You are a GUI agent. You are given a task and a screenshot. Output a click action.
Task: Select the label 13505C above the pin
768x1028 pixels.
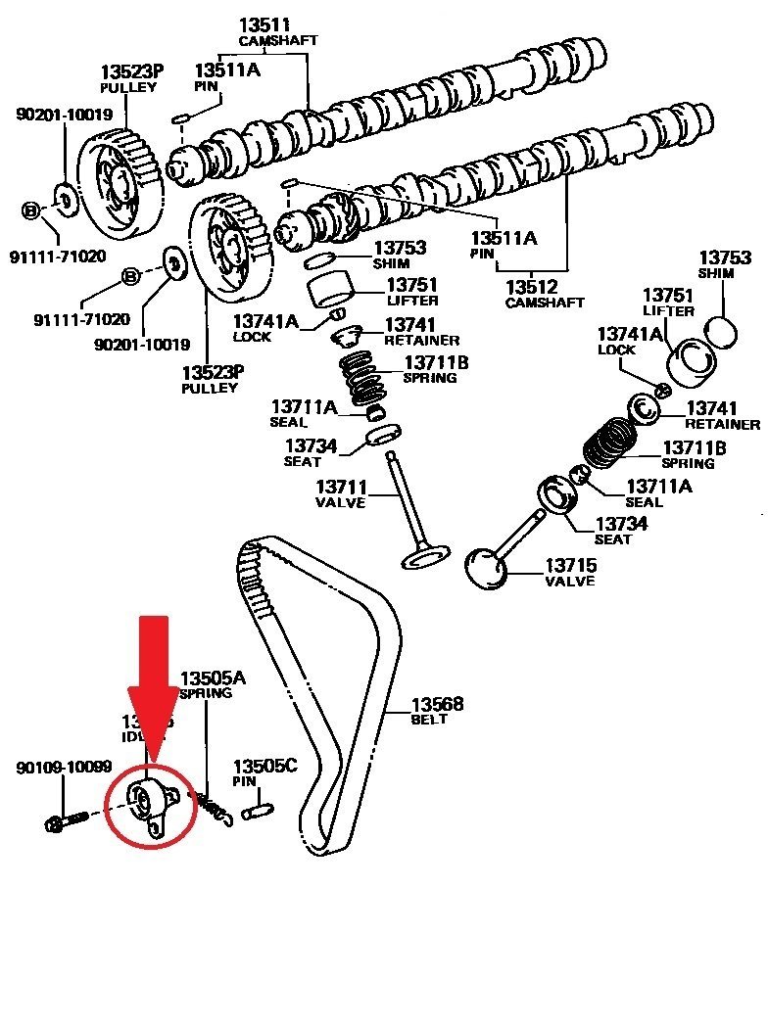point(264,767)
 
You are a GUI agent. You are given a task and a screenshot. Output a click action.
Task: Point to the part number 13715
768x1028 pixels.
point(570,565)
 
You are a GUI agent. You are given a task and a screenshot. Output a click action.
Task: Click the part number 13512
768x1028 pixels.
point(531,287)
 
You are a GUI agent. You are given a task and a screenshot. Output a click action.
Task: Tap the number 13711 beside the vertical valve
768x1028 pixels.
point(340,487)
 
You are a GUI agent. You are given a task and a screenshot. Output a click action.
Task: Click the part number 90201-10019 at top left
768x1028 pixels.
point(64,115)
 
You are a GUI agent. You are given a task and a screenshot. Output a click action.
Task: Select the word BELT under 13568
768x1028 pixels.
point(428,720)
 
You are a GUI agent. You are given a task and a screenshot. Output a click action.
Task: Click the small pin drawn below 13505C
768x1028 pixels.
point(257,810)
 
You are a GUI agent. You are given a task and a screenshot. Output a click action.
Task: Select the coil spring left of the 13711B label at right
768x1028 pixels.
point(611,443)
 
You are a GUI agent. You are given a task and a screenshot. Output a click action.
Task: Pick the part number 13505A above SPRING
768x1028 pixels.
point(213,678)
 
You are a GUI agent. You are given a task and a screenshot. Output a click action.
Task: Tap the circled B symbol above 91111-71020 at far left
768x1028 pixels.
point(30,210)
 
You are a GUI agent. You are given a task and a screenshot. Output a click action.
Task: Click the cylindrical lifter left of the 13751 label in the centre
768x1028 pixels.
point(329,291)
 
